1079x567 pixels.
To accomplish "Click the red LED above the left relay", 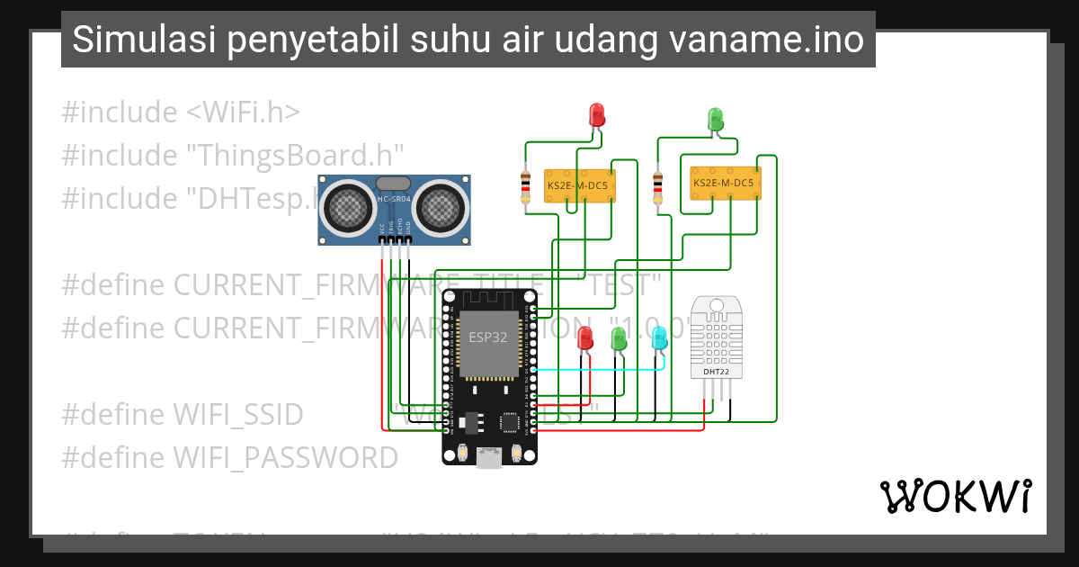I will (597, 114).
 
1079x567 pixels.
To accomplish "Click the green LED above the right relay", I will (716, 118).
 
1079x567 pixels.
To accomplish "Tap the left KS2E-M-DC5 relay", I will (577, 186).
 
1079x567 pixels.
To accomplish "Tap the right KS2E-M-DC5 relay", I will (724, 183).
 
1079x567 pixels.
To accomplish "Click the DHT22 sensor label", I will (717, 371).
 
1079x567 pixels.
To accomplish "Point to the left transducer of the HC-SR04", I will (346, 206).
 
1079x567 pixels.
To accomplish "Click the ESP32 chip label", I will (487, 337).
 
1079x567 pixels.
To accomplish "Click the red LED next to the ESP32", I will (585, 338).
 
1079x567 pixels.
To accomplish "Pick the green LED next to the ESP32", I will (619, 338).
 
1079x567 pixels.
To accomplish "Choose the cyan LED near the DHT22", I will (659, 338).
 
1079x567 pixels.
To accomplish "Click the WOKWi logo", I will (956, 496).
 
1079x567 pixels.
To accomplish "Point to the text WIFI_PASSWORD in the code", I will (285, 458).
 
